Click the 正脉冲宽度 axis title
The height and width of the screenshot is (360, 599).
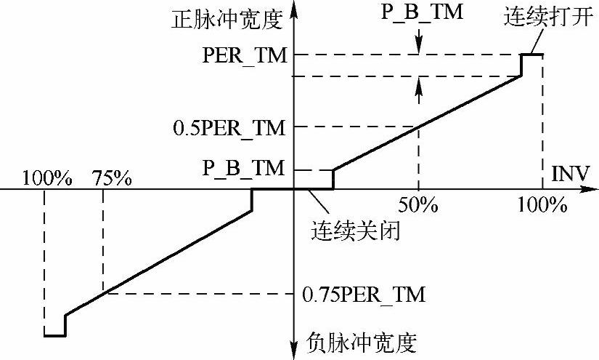226,17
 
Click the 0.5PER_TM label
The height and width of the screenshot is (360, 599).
229,127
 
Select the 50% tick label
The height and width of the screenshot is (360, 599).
418,206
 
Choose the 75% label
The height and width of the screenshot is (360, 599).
112,177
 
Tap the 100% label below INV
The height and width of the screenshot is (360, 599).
542,206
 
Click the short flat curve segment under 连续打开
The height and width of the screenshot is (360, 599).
532,55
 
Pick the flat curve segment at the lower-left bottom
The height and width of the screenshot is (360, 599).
54,335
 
